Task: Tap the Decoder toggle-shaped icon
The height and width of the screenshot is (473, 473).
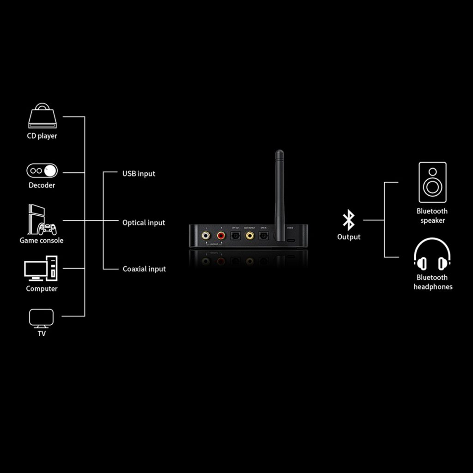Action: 42,171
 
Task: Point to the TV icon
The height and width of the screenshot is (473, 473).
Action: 42,318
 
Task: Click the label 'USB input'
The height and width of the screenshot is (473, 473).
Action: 139,174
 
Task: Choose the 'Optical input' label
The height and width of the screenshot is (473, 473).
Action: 144,223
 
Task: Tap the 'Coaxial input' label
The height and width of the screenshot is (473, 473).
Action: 144,269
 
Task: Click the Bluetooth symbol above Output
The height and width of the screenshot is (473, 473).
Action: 348,220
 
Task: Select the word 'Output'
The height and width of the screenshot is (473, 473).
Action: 349,237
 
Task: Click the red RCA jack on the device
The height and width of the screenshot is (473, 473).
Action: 221,236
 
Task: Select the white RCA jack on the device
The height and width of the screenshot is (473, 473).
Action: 206,236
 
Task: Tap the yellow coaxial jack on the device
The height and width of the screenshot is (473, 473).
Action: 250,236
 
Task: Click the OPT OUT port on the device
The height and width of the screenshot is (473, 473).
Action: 235,236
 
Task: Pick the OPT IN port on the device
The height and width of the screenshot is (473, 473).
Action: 264,236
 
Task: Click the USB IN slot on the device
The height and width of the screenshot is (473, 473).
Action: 291,241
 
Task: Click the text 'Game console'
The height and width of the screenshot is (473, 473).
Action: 42,240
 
